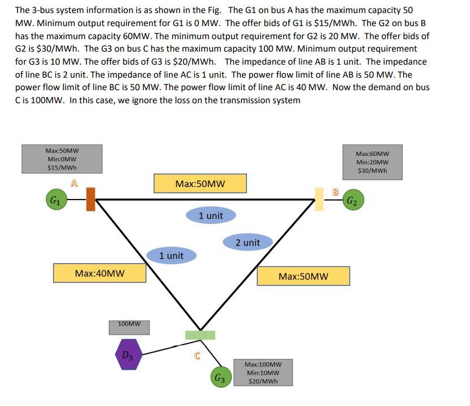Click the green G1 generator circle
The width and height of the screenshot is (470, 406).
coord(55,200)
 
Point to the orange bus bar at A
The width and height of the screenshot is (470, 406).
coord(91,199)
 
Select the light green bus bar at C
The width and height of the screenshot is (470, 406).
coord(200,335)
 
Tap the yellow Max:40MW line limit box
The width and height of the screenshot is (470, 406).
coord(100,273)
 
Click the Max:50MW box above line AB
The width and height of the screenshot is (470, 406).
coord(200,184)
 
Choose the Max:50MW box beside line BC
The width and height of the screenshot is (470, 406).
coord(303,276)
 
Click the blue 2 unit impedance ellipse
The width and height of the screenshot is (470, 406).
coord(247,243)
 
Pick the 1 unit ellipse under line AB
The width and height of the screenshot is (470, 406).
coord(211,215)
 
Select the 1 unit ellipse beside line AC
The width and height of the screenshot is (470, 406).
coord(171,256)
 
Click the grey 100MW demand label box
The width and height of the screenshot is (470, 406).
coord(129,324)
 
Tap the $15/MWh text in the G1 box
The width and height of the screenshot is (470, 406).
coord(62,167)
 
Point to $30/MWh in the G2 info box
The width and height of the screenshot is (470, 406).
coord(372,171)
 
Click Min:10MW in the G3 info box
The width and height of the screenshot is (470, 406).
coord(263,373)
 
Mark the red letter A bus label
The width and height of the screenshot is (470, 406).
coord(74,182)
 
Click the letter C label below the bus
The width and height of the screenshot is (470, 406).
coord(197,356)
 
